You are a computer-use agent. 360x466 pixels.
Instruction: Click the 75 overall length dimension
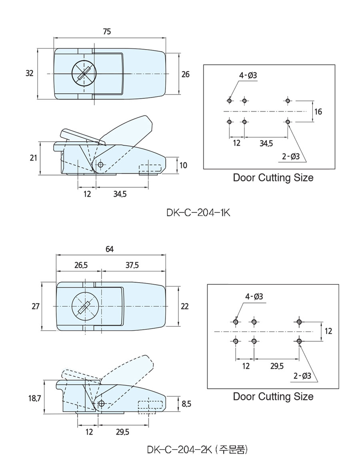click(x=106, y=32)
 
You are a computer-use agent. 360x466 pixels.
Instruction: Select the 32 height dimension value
click(x=29, y=73)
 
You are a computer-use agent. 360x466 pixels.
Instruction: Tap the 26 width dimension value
click(x=185, y=74)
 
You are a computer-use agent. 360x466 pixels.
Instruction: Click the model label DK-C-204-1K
click(x=198, y=213)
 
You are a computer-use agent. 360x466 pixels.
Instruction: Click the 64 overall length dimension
click(x=110, y=249)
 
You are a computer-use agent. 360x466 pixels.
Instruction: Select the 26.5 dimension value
click(x=81, y=265)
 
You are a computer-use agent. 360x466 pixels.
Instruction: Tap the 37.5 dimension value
click(x=132, y=265)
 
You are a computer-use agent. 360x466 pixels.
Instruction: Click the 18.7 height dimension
click(x=35, y=398)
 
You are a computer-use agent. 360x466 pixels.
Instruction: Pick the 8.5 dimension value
click(x=186, y=404)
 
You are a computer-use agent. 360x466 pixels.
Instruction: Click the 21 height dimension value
click(x=33, y=158)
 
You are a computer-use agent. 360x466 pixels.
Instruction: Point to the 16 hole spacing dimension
click(x=318, y=112)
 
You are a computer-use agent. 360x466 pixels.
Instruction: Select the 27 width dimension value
click(x=35, y=306)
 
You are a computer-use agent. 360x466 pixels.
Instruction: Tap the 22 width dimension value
click(x=184, y=306)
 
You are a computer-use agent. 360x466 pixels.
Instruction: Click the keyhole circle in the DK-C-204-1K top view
click(x=84, y=73)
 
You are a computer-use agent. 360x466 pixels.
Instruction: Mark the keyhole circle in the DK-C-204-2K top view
click(x=84, y=306)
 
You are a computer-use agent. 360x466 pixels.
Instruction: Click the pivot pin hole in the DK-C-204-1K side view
click(x=100, y=165)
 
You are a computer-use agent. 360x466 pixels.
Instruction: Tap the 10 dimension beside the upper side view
click(x=183, y=165)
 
